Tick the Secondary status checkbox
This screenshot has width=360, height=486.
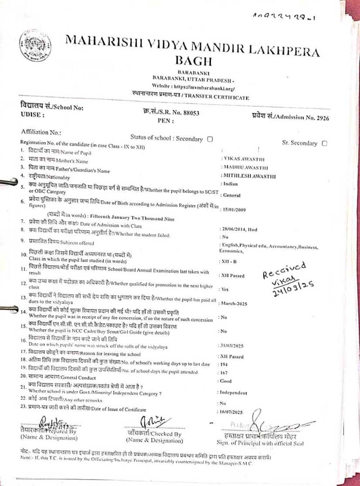(x=210, y=139)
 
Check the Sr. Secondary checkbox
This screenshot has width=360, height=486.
(x=324, y=143)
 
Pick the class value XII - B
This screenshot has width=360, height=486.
(x=228, y=262)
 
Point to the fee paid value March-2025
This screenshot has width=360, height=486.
(x=233, y=303)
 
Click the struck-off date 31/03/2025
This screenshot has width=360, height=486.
(x=231, y=346)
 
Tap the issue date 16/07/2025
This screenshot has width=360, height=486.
(x=231, y=412)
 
